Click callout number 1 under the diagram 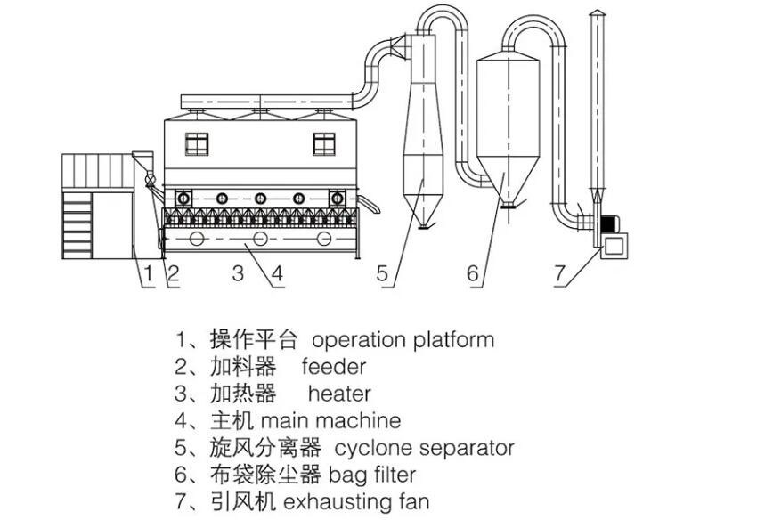[x=150, y=274]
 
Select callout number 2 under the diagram [x=174, y=274]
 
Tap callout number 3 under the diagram [x=238, y=274]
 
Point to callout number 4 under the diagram [x=277, y=274]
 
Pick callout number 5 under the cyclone [x=383, y=274]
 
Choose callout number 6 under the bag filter [x=473, y=274]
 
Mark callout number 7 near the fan [x=559, y=274]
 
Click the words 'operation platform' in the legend [x=403, y=339]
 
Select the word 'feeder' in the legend [x=334, y=366]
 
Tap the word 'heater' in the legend [x=339, y=393]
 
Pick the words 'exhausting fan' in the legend [x=356, y=501]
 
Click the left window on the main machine [x=197, y=142]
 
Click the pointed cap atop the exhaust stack [x=596, y=12]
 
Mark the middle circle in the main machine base [x=260, y=240]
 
